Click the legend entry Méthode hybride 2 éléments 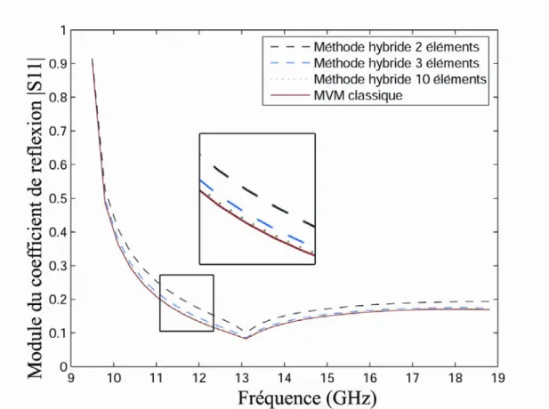pyautogui.click(x=396, y=46)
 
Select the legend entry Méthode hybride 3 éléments pyautogui.click(x=396, y=63)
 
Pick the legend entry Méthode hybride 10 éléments pyautogui.click(x=400, y=79)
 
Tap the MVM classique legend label pyautogui.click(x=358, y=95)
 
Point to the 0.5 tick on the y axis pyautogui.click(x=58, y=198)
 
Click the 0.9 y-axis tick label pyautogui.click(x=58, y=64)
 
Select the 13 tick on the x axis pyautogui.click(x=242, y=378)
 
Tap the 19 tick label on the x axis pyautogui.click(x=497, y=378)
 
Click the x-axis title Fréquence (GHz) pyautogui.click(x=307, y=398)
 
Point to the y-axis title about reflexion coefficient pyautogui.click(x=36, y=218)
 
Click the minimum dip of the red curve pyautogui.click(x=246, y=339)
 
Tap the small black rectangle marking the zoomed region pyautogui.click(x=187, y=275)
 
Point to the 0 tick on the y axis pyautogui.click(x=63, y=366)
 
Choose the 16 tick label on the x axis pyautogui.click(x=370, y=378)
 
